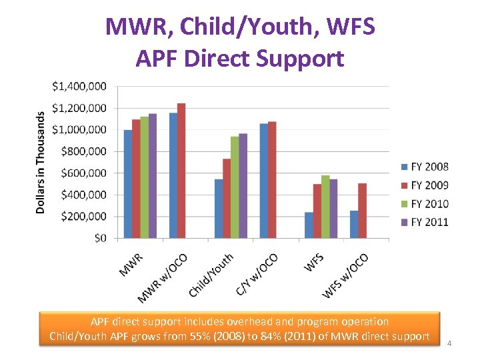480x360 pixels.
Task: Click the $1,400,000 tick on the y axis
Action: click(79, 86)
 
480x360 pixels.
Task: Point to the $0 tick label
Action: click(99, 238)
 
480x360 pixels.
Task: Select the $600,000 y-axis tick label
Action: click(84, 173)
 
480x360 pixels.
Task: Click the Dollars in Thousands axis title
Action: click(41, 162)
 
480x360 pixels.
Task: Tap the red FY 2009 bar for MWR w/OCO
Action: click(181, 171)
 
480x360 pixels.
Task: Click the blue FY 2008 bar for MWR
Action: click(128, 184)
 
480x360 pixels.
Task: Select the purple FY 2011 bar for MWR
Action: click(153, 176)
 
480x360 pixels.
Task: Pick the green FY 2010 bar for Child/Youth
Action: click(235, 187)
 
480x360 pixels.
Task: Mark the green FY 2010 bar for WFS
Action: click(325, 207)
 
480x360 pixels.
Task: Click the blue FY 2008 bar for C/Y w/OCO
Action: click(263, 181)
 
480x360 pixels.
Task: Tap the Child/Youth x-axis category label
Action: click(211, 275)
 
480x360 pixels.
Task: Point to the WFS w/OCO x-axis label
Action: click(346, 276)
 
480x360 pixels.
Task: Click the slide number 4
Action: click(449, 343)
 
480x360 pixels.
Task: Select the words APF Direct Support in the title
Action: click(240, 59)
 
